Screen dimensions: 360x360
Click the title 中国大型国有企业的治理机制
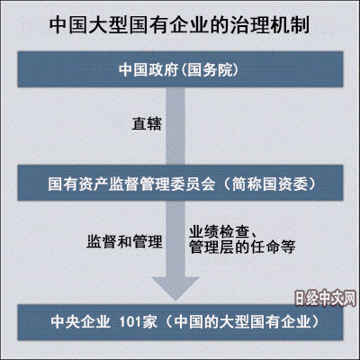tap(179, 25)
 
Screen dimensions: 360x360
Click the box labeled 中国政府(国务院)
tap(180, 69)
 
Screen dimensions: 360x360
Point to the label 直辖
tap(147, 123)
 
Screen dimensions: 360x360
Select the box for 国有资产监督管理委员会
tap(180, 183)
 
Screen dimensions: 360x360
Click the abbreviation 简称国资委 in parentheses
tap(270, 184)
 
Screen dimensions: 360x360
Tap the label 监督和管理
tap(124, 241)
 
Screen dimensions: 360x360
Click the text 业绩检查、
tap(222, 232)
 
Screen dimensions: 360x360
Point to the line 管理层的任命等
tap(242, 247)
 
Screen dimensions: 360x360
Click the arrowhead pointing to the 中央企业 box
tap(175, 288)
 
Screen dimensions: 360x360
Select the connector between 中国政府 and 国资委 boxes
tap(175, 126)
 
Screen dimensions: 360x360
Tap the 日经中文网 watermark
tap(325, 299)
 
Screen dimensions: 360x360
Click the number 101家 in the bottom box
tap(139, 322)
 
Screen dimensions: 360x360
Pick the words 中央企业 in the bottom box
tap(81, 322)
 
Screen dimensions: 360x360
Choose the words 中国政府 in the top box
tap(148, 69)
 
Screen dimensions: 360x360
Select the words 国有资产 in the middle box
tap(78, 184)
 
